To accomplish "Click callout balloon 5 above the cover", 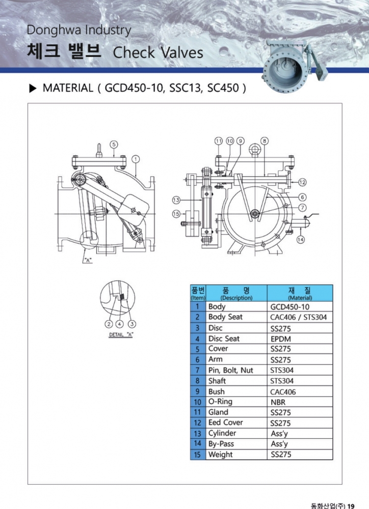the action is (x=114, y=145).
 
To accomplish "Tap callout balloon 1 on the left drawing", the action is (x=136, y=159).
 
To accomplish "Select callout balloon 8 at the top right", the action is (x=265, y=141).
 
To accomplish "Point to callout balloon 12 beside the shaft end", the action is (x=302, y=182).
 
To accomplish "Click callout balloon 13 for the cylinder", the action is (x=176, y=200).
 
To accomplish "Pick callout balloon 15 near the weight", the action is (x=176, y=214).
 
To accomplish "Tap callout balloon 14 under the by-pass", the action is (x=300, y=239).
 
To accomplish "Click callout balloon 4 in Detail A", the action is (x=120, y=324).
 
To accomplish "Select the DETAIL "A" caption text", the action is (x=121, y=334).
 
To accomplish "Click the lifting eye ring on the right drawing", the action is (x=254, y=149).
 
